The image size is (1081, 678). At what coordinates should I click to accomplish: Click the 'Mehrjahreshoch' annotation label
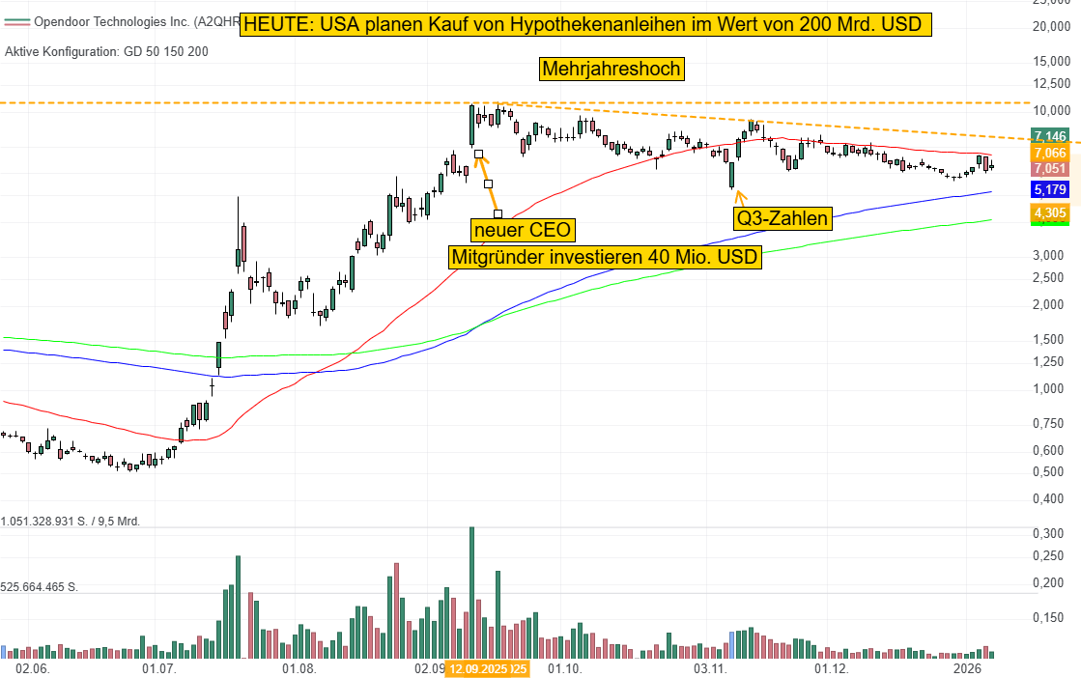612,69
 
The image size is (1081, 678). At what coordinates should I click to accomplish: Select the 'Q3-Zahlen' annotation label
782,218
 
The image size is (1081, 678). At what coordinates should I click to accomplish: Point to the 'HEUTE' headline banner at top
586,25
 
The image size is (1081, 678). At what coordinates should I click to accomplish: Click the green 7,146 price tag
1048,136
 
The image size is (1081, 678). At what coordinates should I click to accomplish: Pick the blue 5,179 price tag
1048,189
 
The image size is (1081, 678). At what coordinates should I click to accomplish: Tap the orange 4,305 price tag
1048,212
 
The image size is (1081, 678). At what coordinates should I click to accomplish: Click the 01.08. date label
299,668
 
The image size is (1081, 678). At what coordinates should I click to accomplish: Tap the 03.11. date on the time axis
710,668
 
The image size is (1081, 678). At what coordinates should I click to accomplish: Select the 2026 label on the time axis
968,668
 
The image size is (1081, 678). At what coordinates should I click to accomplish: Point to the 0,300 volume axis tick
1048,533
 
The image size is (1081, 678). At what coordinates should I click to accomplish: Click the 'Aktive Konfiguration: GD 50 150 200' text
106,51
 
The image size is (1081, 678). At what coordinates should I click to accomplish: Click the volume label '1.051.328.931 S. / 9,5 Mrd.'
71,521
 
